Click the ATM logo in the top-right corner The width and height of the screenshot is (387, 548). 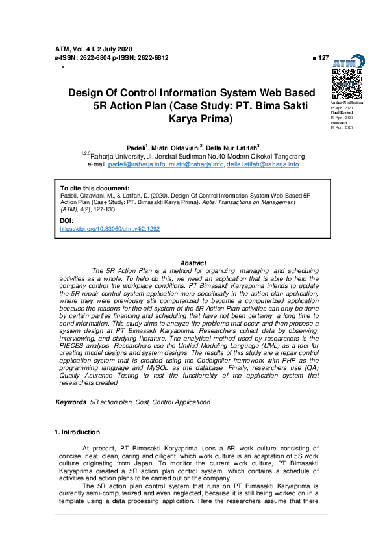[x=346, y=62]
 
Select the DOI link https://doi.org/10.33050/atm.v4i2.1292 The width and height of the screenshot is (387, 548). [x=110, y=229]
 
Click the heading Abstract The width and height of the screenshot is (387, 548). [x=193, y=263]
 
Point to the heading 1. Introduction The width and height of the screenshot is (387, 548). [x=77, y=432]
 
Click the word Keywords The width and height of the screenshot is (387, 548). [x=71, y=402]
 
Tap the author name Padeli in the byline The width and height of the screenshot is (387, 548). [x=136, y=148]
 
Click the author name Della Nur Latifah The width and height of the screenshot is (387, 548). [x=232, y=148]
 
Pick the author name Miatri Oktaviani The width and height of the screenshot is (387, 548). [x=176, y=148]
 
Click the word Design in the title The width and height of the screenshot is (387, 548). [x=88, y=93]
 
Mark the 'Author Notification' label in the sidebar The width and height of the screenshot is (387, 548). [x=347, y=103]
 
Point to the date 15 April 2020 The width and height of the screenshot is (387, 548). [x=342, y=107]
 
